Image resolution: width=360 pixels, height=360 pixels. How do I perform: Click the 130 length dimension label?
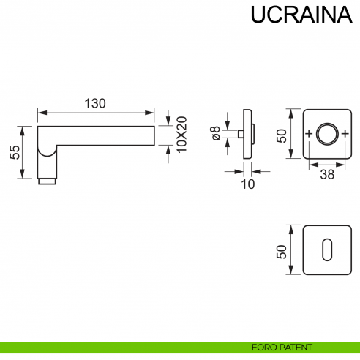pyautogui.click(x=95, y=103)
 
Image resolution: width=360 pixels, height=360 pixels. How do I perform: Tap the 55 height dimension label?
pyautogui.click(x=14, y=151)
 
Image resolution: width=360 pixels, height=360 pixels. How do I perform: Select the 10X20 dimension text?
pyautogui.click(x=182, y=135)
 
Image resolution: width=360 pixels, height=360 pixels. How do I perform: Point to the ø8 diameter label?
pyautogui.click(x=215, y=134)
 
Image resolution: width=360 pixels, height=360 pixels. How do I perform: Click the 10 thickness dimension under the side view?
pyautogui.click(x=247, y=184)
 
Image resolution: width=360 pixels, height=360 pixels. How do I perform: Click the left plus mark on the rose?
pyautogui.click(x=309, y=135)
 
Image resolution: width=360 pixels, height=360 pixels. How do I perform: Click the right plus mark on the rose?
pyautogui.click(x=344, y=135)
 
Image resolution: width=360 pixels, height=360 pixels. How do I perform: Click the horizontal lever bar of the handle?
pyautogui.click(x=102, y=135)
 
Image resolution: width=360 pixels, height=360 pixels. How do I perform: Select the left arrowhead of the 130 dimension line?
pyautogui.click(x=41, y=113)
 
